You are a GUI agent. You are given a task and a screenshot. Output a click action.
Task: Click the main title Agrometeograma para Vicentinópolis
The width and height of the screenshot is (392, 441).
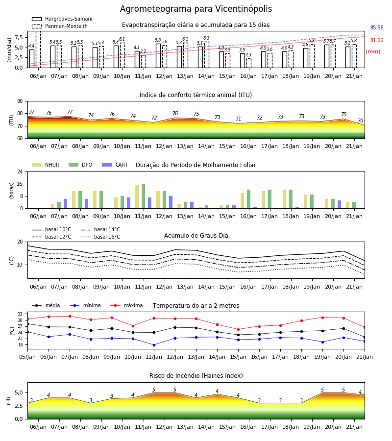(x=196, y=9)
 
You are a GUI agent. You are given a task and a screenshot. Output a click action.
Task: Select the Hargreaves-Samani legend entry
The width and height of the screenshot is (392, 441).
(x=62, y=19)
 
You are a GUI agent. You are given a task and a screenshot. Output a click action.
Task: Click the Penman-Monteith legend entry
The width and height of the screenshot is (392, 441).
(x=60, y=26)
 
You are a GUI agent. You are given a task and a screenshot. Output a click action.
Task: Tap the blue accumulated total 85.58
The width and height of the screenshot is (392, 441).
(x=377, y=27)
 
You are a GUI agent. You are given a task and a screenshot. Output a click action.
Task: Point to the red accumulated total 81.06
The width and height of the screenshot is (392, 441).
(x=377, y=40)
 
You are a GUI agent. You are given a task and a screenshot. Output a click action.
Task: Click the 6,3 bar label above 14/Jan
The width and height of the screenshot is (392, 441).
(x=206, y=38)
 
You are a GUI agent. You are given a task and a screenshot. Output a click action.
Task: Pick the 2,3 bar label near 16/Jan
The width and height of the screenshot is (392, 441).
(x=248, y=54)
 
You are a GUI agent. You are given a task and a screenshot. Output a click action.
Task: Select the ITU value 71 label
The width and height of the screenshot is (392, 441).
(x=239, y=119)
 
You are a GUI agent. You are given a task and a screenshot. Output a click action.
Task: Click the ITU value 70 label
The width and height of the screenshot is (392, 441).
(x=360, y=121)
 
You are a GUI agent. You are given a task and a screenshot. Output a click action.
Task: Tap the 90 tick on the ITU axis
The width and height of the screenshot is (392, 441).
(x=20, y=101)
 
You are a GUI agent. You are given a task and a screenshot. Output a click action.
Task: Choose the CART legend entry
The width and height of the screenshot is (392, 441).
(x=115, y=165)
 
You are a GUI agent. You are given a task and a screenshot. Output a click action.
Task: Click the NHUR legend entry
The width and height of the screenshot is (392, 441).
(x=46, y=165)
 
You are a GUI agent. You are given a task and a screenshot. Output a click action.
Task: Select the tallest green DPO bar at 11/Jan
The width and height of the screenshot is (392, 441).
(x=144, y=196)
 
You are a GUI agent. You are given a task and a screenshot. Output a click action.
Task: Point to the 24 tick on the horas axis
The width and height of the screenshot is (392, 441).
(x=20, y=171)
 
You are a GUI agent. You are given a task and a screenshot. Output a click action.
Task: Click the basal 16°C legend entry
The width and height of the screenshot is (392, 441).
(x=100, y=237)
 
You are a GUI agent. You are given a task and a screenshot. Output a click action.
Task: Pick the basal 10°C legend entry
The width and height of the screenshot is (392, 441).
(x=51, y=229)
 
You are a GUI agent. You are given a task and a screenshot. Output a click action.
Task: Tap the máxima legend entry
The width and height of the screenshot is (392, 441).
(x=126, y=305)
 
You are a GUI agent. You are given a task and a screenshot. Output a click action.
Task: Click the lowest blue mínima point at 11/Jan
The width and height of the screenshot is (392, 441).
(x=154, y=345)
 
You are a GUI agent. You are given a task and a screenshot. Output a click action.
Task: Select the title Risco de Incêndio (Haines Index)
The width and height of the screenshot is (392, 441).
(x=196, y=375)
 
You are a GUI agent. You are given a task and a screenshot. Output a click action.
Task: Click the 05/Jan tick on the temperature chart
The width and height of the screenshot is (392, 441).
(x=27, y=357)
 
